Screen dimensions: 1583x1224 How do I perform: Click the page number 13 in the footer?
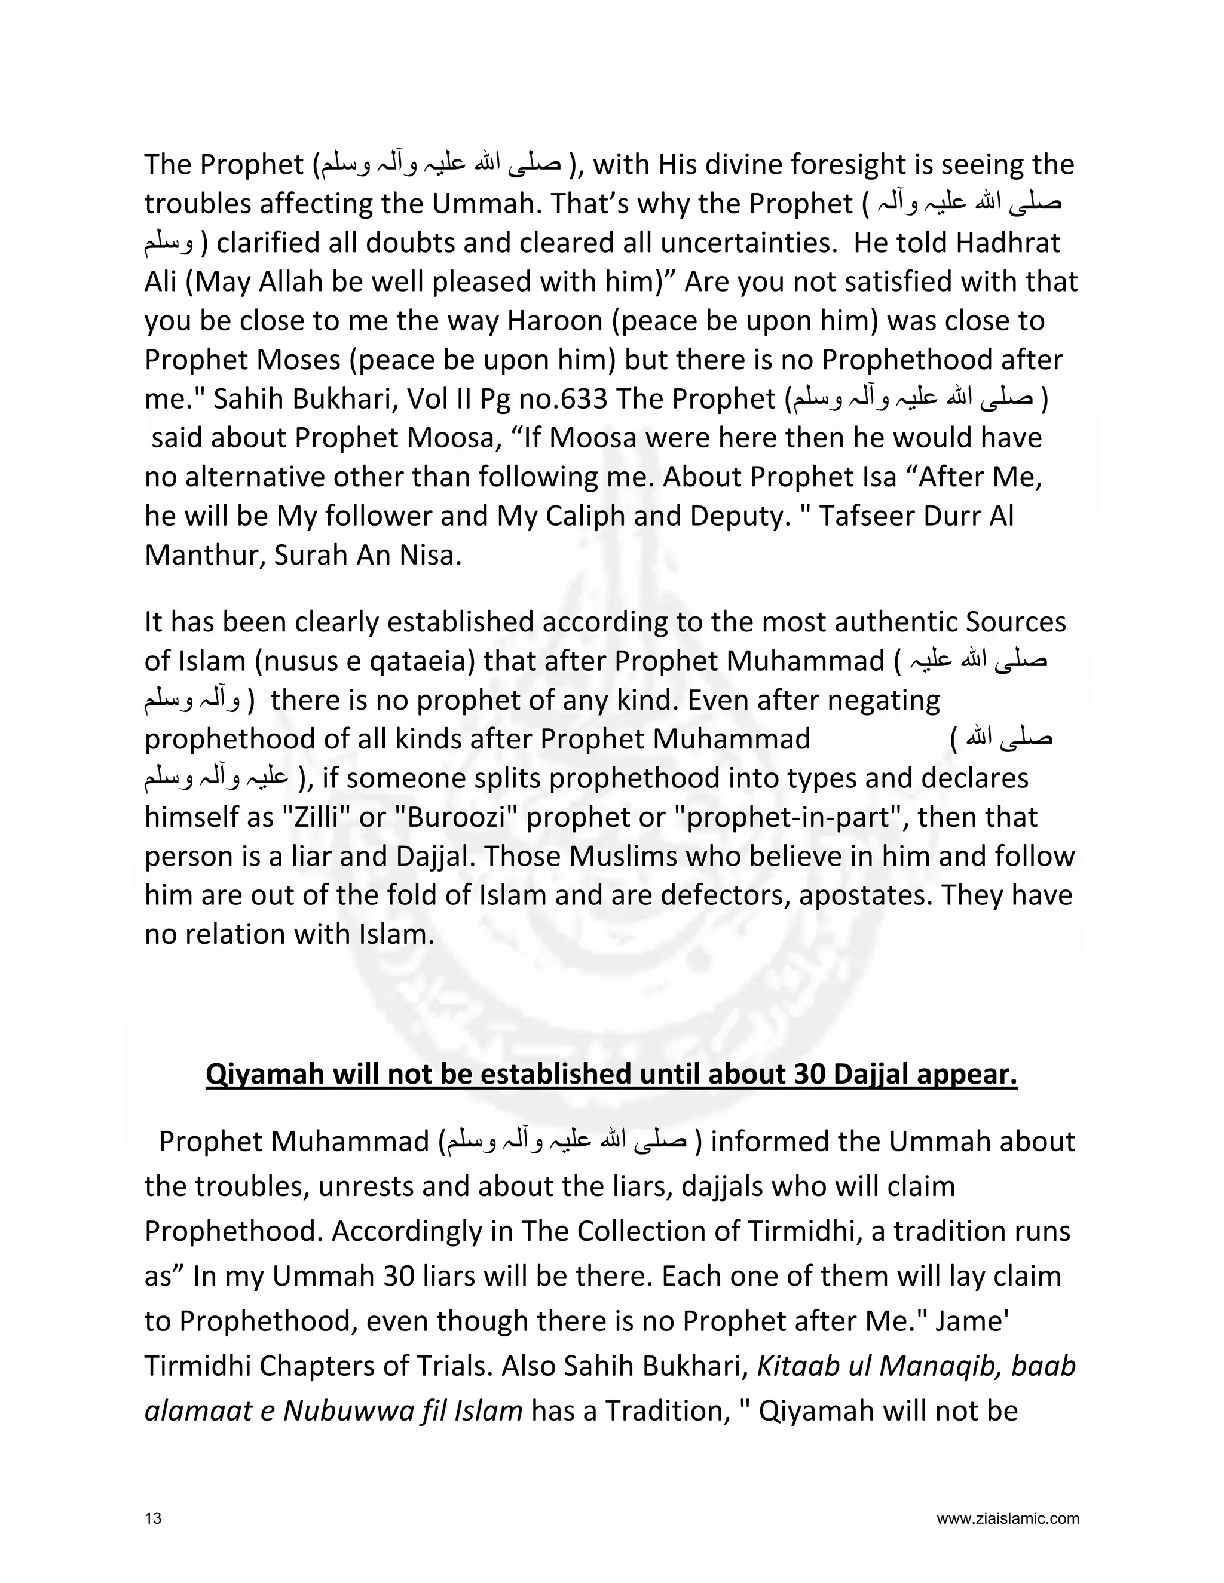coord(153,1518)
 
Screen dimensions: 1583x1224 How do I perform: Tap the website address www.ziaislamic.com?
coord(1007,1518)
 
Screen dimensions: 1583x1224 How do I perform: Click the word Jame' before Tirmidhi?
coord(970,1321)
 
